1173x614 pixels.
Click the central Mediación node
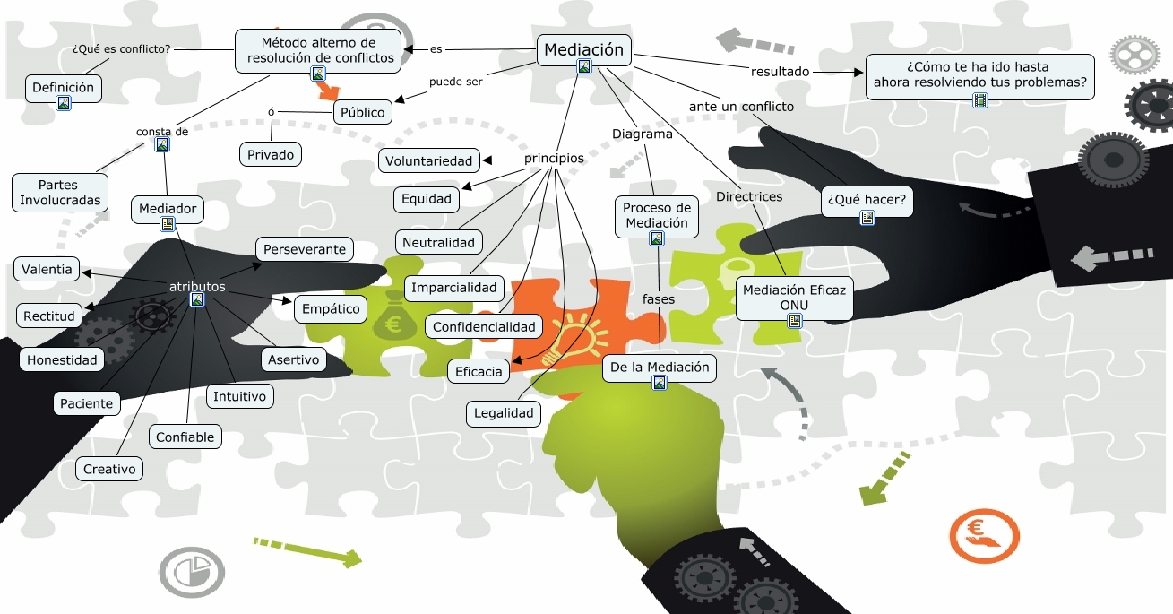click(x=583, y=50)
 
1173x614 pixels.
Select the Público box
click(x=362, y=113)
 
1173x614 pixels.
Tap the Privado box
click(x=271, y=154)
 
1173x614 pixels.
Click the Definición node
click(x=63, y=88)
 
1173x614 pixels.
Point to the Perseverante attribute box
click(x=304, y=249)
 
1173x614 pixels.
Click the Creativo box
click(x=109, y=469)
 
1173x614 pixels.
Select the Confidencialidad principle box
click(x=483, y=327)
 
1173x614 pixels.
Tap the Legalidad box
click(x=504, y=413)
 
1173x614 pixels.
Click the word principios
click(x=554, y=159)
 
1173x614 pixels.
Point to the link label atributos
click(x=197, y=287)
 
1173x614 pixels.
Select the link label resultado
click(x=780, y=71)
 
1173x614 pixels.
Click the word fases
click(x=659, y=298)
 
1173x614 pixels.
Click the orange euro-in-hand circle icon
click(x=983, y=535)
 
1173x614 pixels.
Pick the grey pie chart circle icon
click(x=191, y=571)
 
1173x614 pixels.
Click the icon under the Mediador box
click(x=168, y=224)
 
